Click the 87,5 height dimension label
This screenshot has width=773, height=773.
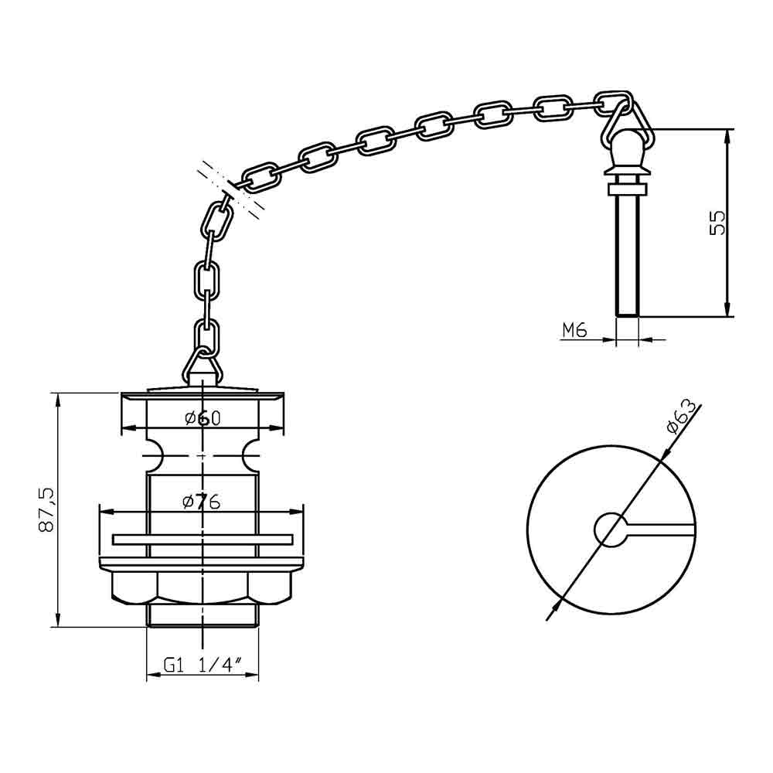click(x=46, y=509)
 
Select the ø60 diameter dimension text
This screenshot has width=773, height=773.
click(x=203, y=418)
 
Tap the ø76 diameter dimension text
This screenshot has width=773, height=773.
click(x=203, y=502)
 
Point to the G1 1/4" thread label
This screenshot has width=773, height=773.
click(x=203, y=666)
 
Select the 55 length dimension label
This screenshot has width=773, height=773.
click(x=717, y=223)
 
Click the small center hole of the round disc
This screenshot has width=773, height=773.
click(x=611, y=530)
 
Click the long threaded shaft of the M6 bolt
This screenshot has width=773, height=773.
click(x=628, y=255)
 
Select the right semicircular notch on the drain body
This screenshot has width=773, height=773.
click(x=251, y=456)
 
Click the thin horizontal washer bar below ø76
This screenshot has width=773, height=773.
click(x=203, y=538)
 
